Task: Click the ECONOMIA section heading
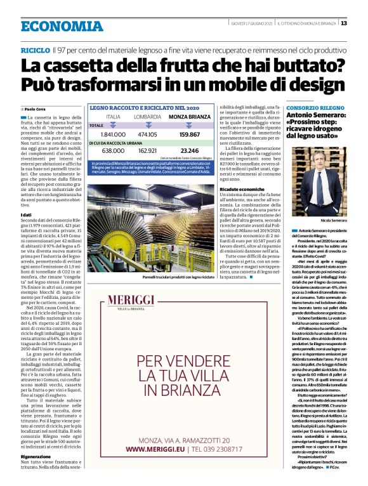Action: (x=61, y=26)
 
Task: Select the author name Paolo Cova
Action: (x=37, y=110)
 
